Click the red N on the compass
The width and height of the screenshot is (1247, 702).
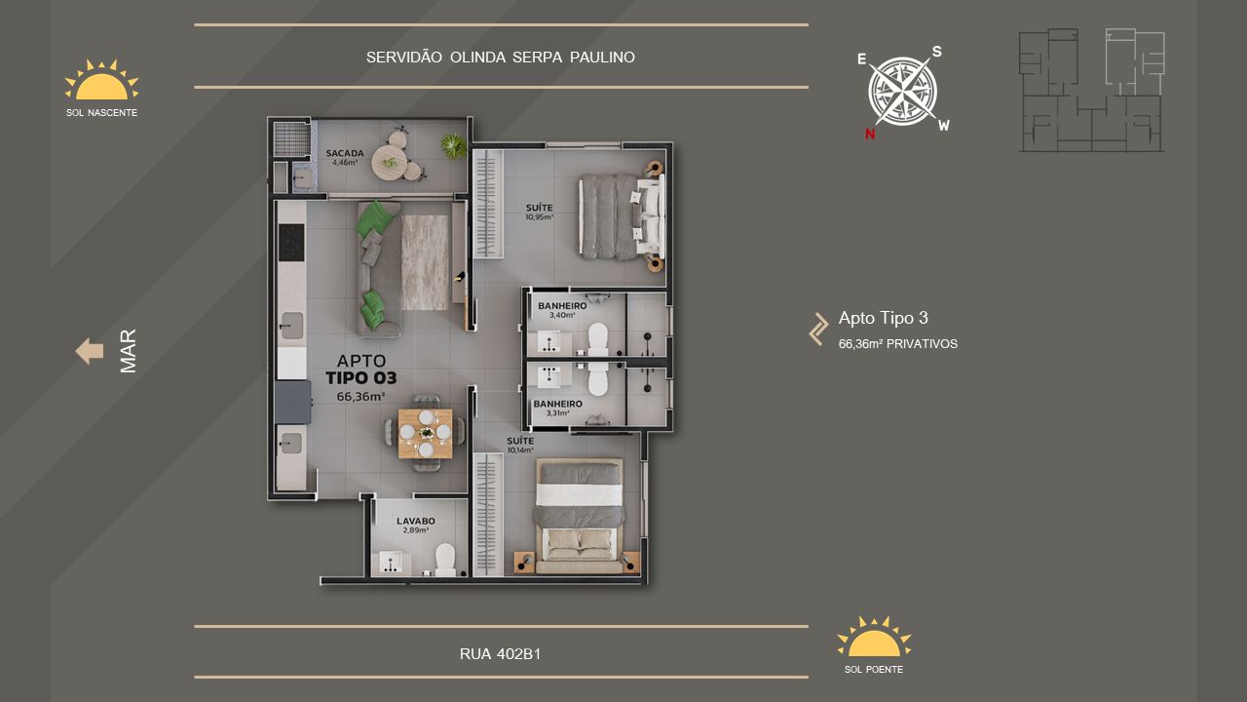coord(870,134)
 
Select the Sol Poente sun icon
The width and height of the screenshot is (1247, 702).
coord(874,637)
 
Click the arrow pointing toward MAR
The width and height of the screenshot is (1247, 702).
coord(90,351)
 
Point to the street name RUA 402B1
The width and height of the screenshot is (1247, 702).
coord(500,653)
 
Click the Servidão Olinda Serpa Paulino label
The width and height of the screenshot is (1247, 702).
coord(501,57)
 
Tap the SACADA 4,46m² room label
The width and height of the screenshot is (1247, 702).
coord(345,157)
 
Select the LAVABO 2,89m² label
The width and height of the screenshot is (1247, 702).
coord(416,525)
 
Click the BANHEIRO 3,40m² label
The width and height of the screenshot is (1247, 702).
coord(562,310)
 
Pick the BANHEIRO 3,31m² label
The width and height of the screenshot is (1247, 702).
coord(558,408)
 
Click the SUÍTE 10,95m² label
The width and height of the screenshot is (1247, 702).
coord(540,212)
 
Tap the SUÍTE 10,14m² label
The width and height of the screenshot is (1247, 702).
coord(520,445)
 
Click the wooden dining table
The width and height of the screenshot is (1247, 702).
coord(426,434)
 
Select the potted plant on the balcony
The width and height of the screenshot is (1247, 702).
coord(454,145)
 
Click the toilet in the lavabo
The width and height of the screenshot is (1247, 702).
coord(445,560)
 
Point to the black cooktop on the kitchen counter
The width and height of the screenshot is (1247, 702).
coord(291,243)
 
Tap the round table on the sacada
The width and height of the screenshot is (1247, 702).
coord(389,162)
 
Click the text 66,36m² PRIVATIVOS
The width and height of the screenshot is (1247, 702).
coord(898,344)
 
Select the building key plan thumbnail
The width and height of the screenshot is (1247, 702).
coord(1092,91)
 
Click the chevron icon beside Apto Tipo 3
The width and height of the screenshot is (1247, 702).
coord(818,330)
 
